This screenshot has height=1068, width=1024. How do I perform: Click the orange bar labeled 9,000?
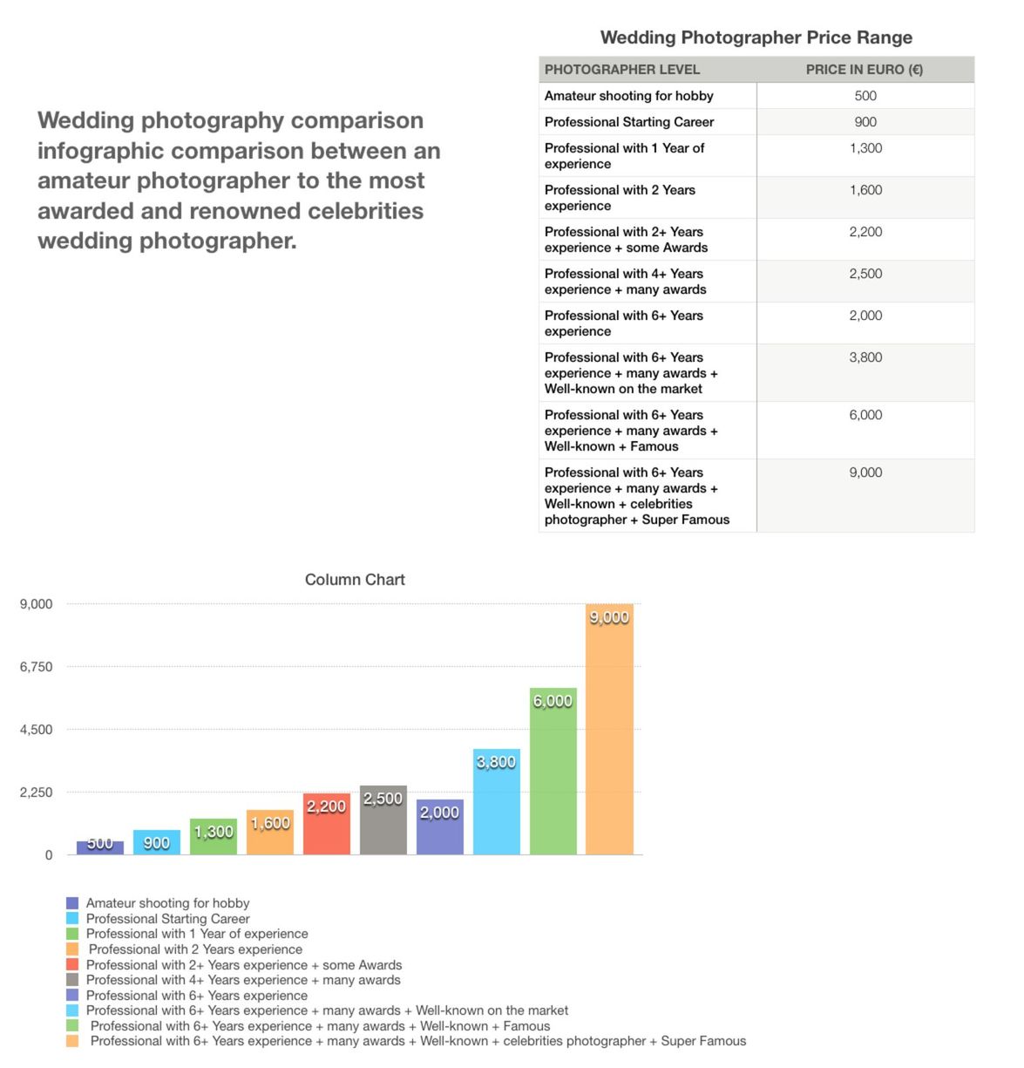(609, 728)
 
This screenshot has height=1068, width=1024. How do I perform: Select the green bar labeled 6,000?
(553, 771)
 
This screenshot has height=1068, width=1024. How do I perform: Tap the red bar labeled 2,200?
(326, 823)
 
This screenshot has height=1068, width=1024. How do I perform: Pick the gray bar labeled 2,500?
(383, 820)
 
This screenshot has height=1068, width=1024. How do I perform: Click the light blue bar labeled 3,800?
(496, 801)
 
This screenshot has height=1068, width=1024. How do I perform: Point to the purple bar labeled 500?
(100, 847)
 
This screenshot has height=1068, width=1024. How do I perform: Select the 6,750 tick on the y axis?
(37, 666)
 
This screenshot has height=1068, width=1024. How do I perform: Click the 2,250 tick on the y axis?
(37, 792)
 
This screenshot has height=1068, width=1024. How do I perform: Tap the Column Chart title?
(355, 579)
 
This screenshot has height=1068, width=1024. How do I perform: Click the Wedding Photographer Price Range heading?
(756, 37)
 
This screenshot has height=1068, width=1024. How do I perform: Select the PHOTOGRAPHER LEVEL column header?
(621, 69)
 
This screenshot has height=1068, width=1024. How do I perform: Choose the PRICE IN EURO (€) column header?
(864, 69)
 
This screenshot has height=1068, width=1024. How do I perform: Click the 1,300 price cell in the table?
(865, 147)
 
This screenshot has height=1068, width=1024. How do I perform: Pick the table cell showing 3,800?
(865, 357)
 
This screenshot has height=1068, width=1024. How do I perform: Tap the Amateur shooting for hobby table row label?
(628, 96)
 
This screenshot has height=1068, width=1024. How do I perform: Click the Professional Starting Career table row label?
(628, 121)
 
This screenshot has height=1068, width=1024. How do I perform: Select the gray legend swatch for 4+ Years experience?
(71, 979)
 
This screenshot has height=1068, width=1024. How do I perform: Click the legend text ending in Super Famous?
(418, 1041)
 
